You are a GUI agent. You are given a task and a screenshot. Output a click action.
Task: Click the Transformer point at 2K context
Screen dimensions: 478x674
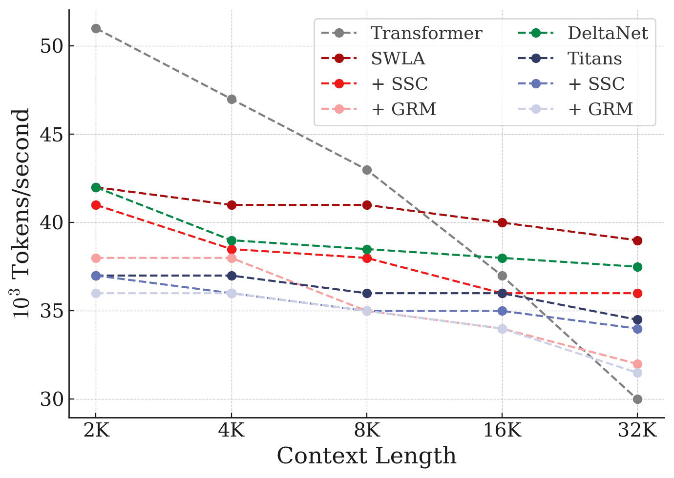pos(96,29)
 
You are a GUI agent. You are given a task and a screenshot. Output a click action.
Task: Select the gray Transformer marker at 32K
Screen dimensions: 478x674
pos(637,399)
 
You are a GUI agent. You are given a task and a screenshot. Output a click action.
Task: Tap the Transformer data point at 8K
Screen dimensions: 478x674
pos(367,170)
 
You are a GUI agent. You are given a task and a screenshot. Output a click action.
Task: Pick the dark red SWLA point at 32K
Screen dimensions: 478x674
pos(637,240)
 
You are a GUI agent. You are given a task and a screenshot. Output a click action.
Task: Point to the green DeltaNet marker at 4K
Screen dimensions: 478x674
pos(232,240)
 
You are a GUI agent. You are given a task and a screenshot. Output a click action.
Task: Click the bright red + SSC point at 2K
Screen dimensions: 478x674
pos(96,205)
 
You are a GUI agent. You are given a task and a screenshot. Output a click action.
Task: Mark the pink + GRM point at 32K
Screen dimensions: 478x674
pos(637,364)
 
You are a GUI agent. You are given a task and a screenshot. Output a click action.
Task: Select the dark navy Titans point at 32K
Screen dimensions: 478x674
pos(637,320)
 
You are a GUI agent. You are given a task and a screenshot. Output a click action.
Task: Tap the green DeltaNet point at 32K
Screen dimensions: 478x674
pos(637,267)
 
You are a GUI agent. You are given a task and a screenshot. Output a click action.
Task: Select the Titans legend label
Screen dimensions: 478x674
pos(594,59)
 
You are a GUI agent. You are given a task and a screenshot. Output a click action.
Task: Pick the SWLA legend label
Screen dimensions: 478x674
pos(398,59)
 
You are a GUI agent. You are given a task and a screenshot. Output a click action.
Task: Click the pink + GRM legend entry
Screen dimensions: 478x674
pos(403,109)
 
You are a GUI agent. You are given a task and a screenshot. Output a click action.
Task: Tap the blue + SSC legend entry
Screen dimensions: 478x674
pos(596,84)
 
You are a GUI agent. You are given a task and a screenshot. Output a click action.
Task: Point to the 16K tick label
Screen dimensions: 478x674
pos(502,431)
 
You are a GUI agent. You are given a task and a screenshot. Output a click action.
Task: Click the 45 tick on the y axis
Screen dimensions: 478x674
pos(52,135)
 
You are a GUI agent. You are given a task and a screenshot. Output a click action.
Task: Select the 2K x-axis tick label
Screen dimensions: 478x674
pos(96,431)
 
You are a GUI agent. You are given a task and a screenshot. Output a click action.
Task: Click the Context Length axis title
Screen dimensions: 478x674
pos(366,456)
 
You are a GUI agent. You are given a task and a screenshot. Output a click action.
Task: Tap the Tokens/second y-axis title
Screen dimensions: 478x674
pos(22,213)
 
